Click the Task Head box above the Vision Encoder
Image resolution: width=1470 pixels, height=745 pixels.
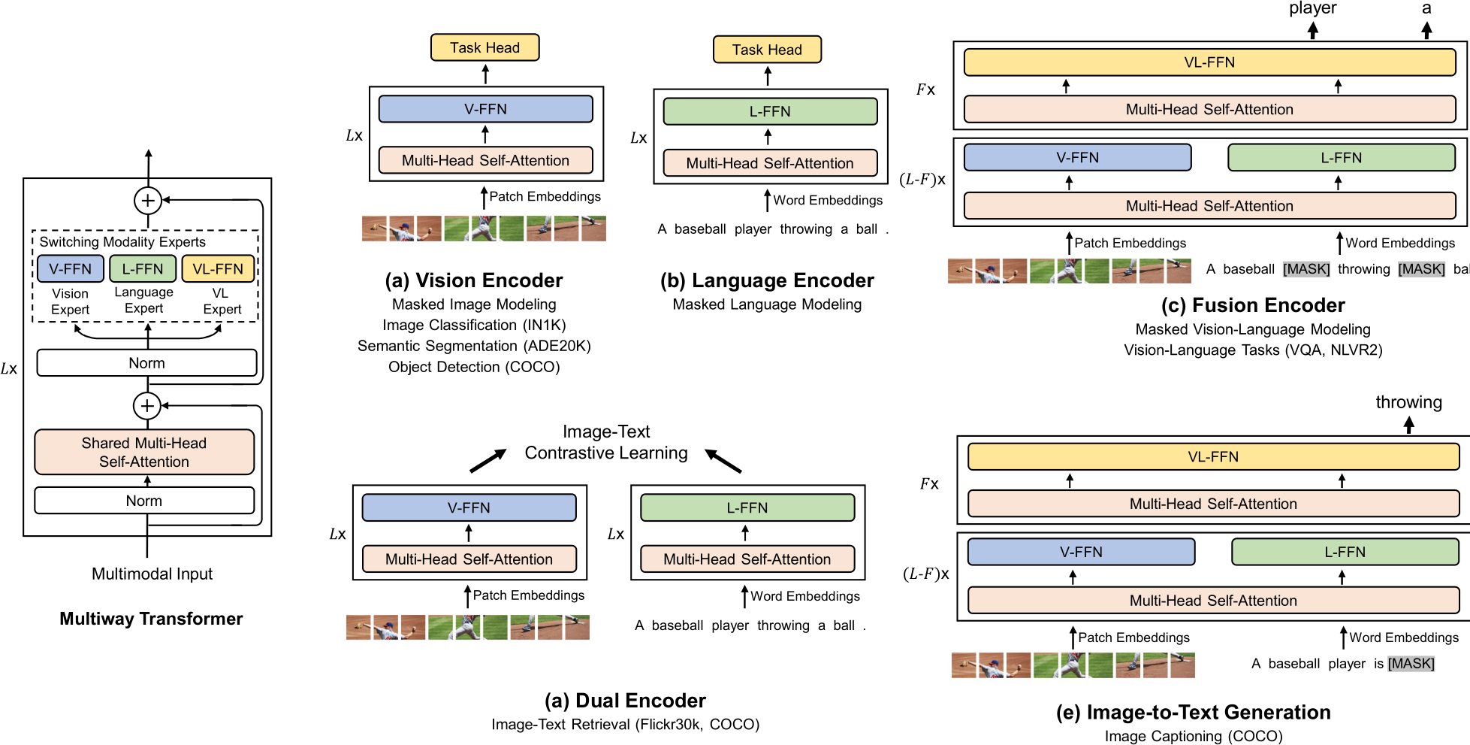coord(484,47)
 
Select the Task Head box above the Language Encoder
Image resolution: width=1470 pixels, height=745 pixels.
coord(767,50)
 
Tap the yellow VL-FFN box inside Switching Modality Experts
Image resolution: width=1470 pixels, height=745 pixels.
coord(218,269)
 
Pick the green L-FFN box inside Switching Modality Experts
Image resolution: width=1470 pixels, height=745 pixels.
coord(143,269)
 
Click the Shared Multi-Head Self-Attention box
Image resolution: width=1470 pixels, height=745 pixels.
coord(144,452)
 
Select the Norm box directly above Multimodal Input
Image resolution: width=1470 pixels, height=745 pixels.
coord(144,501)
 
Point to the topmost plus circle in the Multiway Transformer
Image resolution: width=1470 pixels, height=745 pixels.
coord(148,201)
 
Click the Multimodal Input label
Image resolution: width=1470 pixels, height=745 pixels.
coord(152,574)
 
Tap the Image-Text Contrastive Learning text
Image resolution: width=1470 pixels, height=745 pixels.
coord(606,442)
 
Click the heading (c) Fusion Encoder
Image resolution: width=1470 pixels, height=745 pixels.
coord(1253,305)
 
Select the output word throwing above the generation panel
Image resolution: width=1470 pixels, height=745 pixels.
coord(1408,402)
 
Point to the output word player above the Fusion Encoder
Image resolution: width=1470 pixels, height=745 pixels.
coord(1312,8)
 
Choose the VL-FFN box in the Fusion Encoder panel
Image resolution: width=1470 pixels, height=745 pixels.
coord(1209,62)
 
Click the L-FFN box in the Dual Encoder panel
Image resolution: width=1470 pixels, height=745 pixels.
coord(747,507)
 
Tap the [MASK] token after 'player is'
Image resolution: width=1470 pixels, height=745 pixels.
coord(1411,664)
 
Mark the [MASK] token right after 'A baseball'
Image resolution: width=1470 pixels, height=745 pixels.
coord(1306,269)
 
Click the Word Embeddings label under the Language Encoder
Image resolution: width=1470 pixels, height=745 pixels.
coord(828,200)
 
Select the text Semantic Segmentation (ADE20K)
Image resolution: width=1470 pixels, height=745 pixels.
coord(474,346)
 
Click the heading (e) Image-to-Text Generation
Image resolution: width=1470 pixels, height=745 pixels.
coord(1193,712)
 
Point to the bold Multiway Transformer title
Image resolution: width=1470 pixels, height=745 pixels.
coord(151,619)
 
